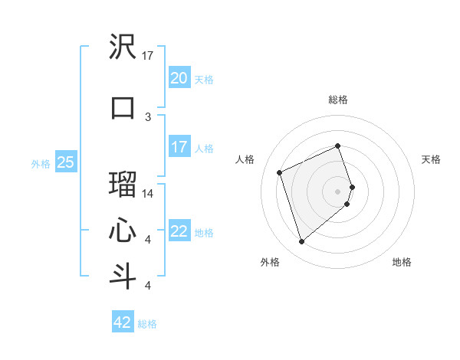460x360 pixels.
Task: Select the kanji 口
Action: click(x=123, y=106)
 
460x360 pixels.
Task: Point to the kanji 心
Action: click(x=123, y=231)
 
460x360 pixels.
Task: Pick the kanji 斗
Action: click(x=123, y=275)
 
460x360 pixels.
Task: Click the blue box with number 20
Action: click(x=179, y=78)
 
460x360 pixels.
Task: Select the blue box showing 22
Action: click(x=179, y=232)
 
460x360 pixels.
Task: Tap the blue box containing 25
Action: click(x=65, y=162)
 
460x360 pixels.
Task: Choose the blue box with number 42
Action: click(x=123, y=322)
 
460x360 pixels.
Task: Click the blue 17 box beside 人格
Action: click(x=179, y=147)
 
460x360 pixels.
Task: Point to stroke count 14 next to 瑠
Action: click(x=148, y=194)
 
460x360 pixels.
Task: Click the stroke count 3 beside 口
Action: click(x=148, y=116)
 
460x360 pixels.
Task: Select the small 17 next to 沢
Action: click(x=148, y=56)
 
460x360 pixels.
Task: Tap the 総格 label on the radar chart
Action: click(x=338, y=100)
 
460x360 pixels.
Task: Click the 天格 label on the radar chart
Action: click(x=431, y=159)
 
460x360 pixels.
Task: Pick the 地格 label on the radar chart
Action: click(x=402, y=262)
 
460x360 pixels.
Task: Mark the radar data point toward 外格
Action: click(x=301, y=242)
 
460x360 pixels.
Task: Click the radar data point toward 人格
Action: click(x=280, y=172)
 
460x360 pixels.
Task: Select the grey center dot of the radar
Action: click(x=338, y=191)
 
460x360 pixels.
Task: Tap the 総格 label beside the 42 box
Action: click(x=147, y=324)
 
